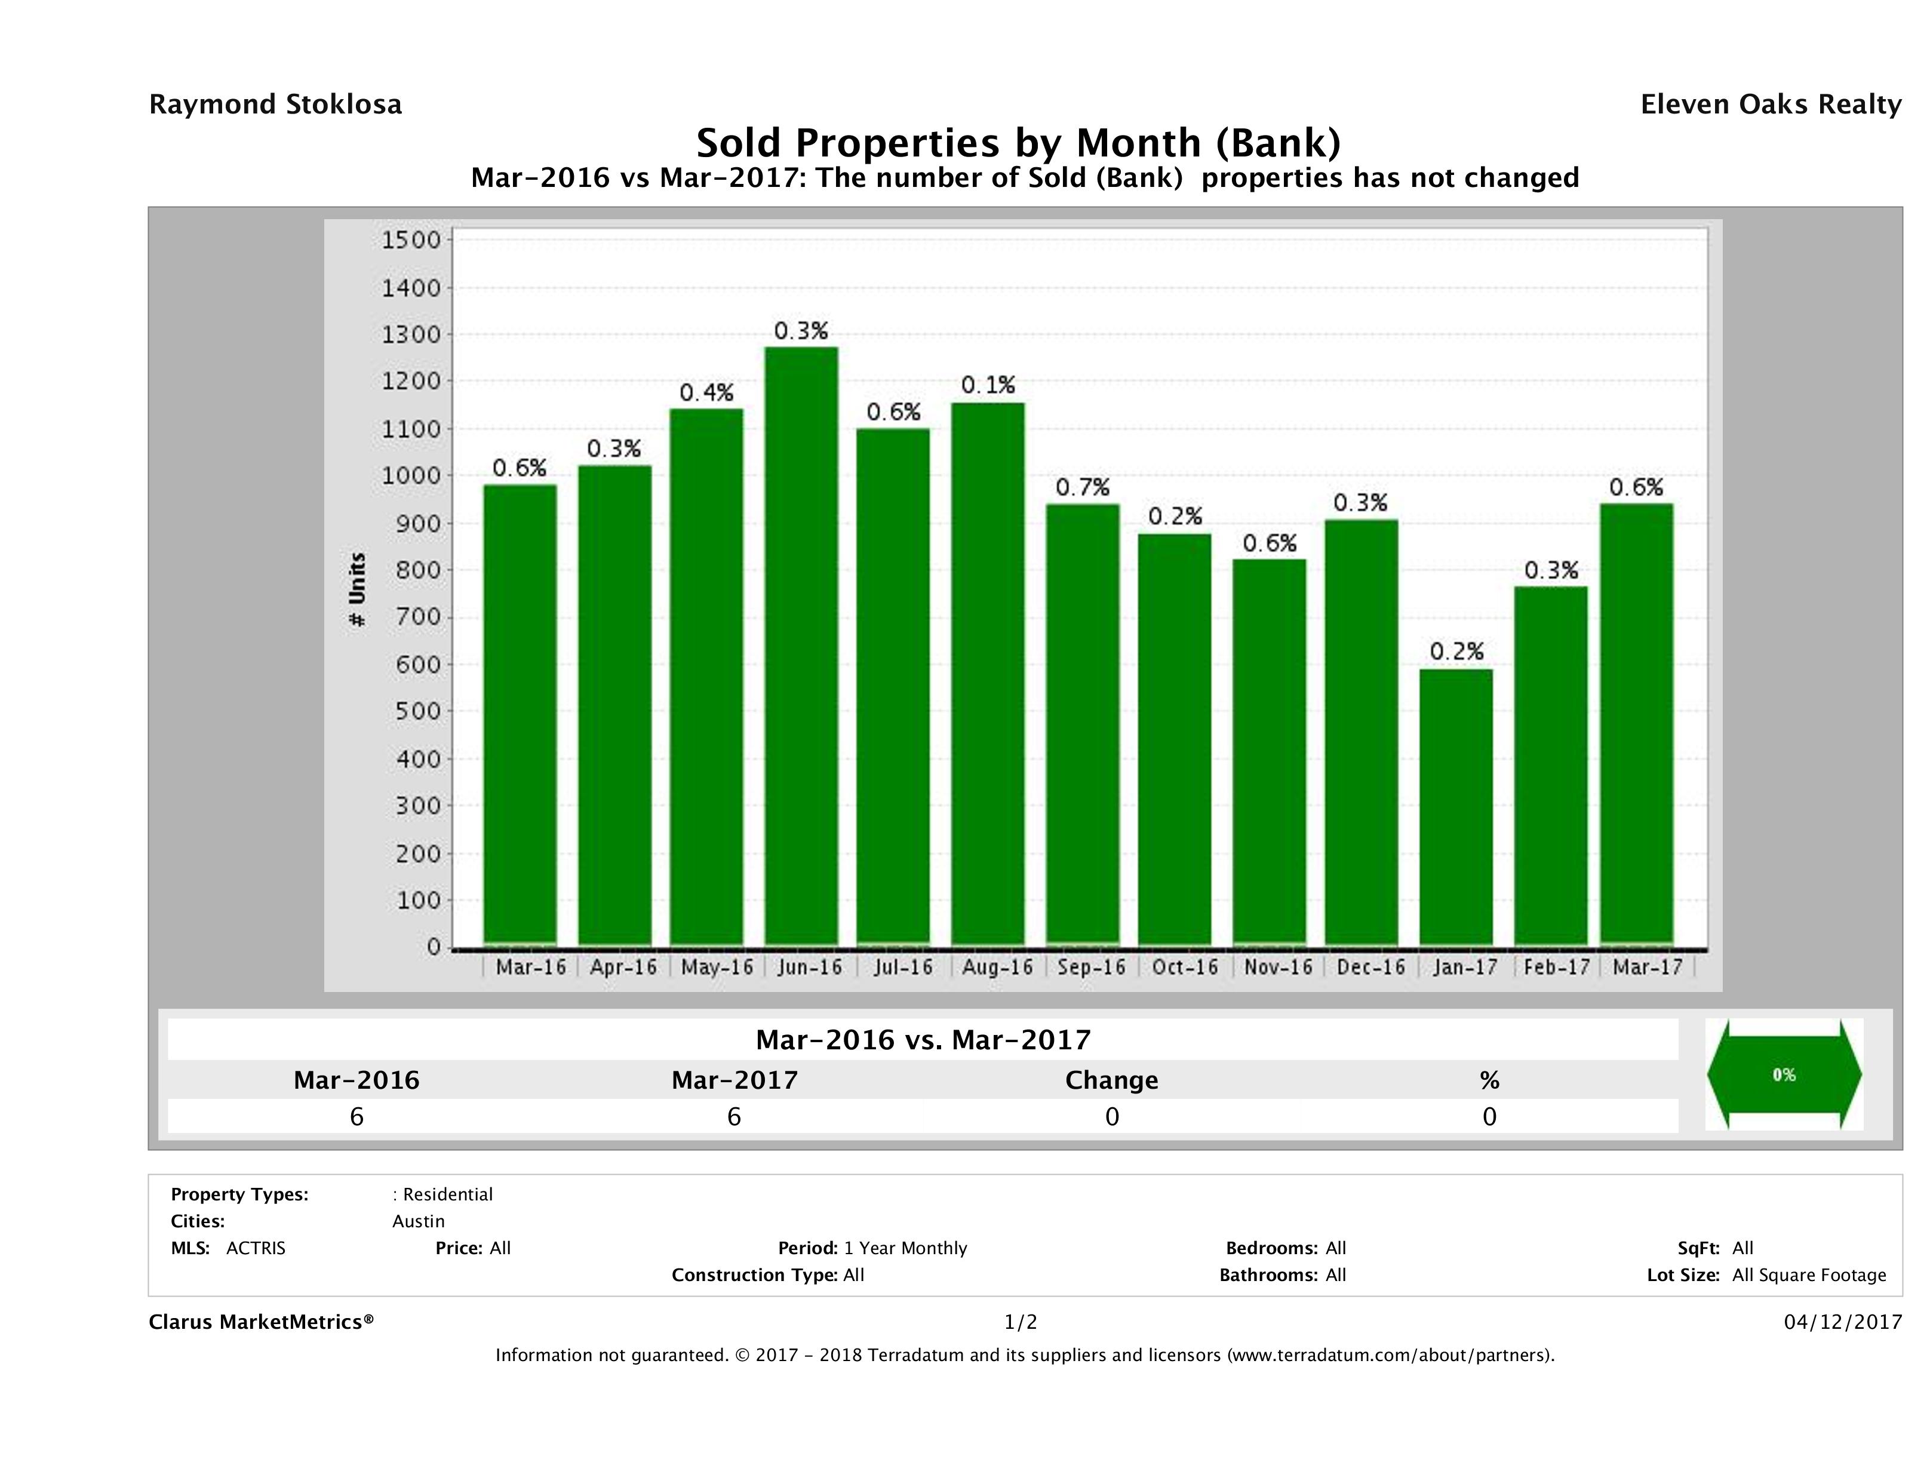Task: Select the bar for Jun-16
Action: click(x=801, y=646)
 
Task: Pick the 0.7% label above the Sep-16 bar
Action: click(x=1082, y=487)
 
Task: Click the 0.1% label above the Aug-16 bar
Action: click(x=988, y=385)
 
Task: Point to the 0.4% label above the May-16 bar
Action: click(x=706, y=393)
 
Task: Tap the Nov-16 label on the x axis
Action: click(x=1278, y=967)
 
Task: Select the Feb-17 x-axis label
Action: click(x=1557, y=967)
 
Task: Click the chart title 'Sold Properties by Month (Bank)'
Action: click(x=1018, y=143)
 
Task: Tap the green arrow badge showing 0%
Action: click(x=1783, y=1074)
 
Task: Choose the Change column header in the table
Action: click(x=1112, y=1080)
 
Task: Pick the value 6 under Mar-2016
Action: click(x=356, y=1116)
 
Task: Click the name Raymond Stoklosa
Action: click(x=275, y=105)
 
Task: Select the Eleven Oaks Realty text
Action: click(x=1770, y=105)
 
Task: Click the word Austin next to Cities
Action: click(x=418, y=1221)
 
